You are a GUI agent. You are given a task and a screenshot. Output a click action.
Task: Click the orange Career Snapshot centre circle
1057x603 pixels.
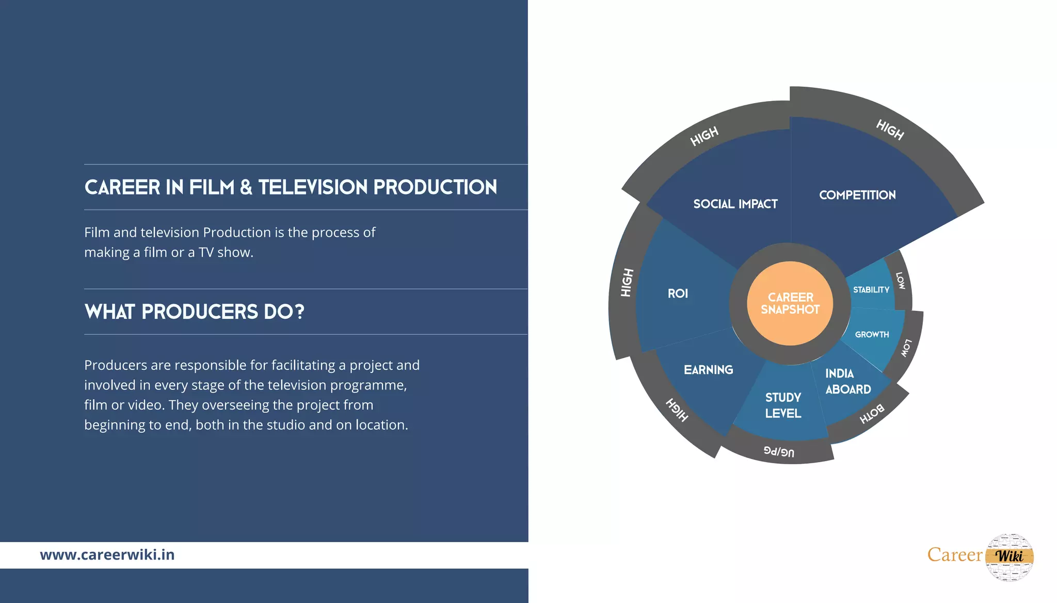point(790,303)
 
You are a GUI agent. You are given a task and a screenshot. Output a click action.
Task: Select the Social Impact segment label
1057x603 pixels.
point(735,204)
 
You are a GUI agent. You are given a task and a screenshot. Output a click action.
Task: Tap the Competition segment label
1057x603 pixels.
point(857,195)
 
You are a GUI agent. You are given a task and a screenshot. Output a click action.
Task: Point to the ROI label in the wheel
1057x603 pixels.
point(678,294)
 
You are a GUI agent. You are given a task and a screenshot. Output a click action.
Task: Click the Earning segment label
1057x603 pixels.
point(708,370)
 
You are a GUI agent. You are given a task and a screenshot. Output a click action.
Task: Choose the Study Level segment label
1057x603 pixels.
point(783,405)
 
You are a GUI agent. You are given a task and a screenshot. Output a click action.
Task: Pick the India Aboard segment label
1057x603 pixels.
point(847,381)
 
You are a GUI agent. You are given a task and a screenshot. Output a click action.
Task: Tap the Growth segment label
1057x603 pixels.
point(872,335)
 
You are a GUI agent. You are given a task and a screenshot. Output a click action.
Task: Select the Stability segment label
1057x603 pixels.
point(871,290)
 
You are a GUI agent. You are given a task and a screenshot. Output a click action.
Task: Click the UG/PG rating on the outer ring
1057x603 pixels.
point(779,452)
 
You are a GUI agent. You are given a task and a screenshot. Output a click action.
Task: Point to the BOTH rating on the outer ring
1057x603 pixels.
point(872,414)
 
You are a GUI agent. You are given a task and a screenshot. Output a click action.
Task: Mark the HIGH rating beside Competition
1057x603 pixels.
point(890,129)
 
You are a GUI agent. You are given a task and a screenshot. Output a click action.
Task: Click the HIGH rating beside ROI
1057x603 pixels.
point(627,283)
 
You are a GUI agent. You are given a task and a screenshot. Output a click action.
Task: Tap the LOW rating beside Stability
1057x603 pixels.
point(900,281)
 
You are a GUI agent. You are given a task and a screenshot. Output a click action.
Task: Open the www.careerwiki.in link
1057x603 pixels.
point(107,555)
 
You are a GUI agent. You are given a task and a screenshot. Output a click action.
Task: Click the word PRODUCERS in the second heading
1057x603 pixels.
point(200,312)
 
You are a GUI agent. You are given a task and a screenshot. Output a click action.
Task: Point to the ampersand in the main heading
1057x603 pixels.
point(246,187)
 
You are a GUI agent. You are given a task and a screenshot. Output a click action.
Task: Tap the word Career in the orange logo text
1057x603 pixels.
point(954,555)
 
